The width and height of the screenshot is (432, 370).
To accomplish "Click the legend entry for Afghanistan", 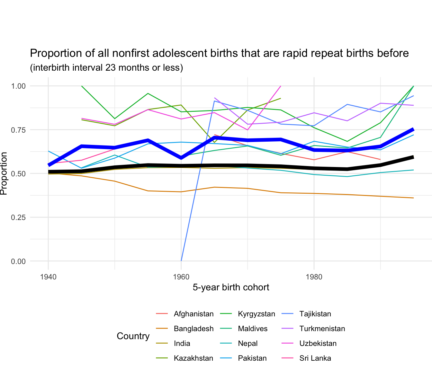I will pyautogui.click(x=194, y=314).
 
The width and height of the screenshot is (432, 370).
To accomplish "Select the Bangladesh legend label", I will pyautogui.click(x=194, y=329).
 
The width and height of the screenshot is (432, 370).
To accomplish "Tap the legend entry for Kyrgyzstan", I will pyautogui.click(x=256, y=314).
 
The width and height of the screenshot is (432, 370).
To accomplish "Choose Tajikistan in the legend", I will pyautogui.click(x=315, y=314).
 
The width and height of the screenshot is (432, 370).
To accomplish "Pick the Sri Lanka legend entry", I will pyautogui.click(x=315, y=358).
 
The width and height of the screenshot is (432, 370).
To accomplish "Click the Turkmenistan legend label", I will pyautogui.click(x=322, y=329).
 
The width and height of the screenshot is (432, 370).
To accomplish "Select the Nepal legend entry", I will pyautogui.click(x=248, y=344).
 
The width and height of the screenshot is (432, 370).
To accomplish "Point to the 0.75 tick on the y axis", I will pyautogui.click(x=18, y=130).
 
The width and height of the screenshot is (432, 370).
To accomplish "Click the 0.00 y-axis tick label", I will pyautogui.click(x=18, y=261).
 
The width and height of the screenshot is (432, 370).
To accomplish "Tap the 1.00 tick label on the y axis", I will pyautogui.click(x=18, y=86).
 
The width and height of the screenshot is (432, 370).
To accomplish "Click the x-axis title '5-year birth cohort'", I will pyautogui.click(x=231, y=287).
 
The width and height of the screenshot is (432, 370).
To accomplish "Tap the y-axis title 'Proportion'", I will pyautogui.click(x=4, y=173).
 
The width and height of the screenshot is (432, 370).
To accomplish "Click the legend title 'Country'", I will pyautogui.click(x=133, y=336).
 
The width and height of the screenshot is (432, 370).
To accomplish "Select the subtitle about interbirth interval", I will pyautogui.click(x=106, y=68).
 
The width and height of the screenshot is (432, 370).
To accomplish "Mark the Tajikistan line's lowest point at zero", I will pyautogui.click(x=181, y=261).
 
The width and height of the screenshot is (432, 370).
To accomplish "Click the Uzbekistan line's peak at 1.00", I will pyautogui.click(x=281, y=86).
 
